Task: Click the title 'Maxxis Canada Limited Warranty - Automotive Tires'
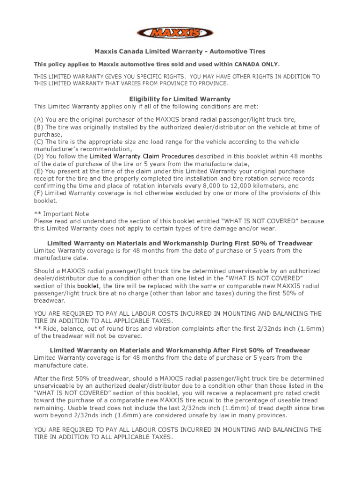point(180,51)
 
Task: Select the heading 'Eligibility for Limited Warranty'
point(180,99)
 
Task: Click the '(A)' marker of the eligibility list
point(39,120)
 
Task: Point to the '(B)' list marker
point(39,127)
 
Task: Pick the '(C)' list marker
point(39,142)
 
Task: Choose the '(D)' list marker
point(39,156)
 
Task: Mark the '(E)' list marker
point(39,171)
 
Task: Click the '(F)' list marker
point(39,193)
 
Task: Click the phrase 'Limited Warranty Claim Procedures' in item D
point(142,156)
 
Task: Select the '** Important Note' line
point(61,214)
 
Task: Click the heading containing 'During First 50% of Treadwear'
point(180,243)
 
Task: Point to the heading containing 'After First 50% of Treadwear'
point(180,350)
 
